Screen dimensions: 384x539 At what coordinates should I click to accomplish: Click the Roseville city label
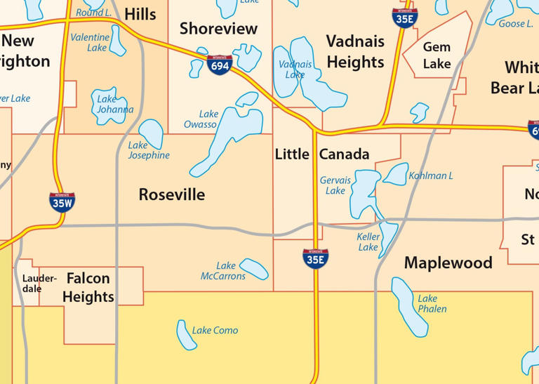pyautogui.click(x=172, y=194)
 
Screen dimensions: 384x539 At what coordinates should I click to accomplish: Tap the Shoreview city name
pyautogui.click(x=218, y=29)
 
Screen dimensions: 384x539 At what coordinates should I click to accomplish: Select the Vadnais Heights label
pyautogui.click(x=355, y=51)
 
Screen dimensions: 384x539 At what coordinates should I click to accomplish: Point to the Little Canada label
pyautogui.click(x=322, y=154)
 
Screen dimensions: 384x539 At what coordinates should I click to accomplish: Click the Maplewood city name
pyautogui.click(x=448, y=263)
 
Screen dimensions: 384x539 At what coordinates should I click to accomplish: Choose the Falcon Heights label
pyautogui.click(x=88, y=287)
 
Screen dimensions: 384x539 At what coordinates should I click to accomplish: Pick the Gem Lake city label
pyautogui.click(x=437, y=55)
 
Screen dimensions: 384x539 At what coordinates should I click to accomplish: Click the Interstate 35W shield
pyautogui.click(x=62, y=201)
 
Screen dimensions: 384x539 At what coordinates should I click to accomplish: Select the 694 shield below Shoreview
pyautogui.click(x=218, y=66)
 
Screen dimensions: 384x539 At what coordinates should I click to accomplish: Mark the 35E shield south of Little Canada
pyautogui.click(x=315, y=258)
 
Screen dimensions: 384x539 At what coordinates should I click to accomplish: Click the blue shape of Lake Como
pyautogui.click(x=186, y=336)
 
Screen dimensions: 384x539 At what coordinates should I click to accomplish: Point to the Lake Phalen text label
pyautogui.click(x=432, y=303)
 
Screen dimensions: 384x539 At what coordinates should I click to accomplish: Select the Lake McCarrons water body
pyautogui.click(x=253, y=268)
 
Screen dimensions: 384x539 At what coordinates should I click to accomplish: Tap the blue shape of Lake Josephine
pyautogui.click(x=150, y=133)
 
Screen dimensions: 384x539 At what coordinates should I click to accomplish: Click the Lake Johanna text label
pyautogui.click(x=115, y=104)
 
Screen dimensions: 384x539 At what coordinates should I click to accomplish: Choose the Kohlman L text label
pyautogui.click(x=430, y=176)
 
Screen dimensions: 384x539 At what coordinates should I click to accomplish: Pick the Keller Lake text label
pyautogui.click(x=368, y=241)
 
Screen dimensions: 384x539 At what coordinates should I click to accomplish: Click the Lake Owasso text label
pyautogui.click(x=201, y=119)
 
